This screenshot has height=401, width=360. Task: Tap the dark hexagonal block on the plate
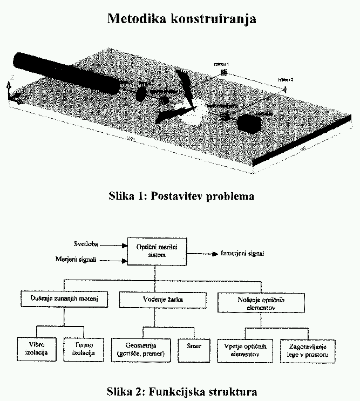[248, 124]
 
